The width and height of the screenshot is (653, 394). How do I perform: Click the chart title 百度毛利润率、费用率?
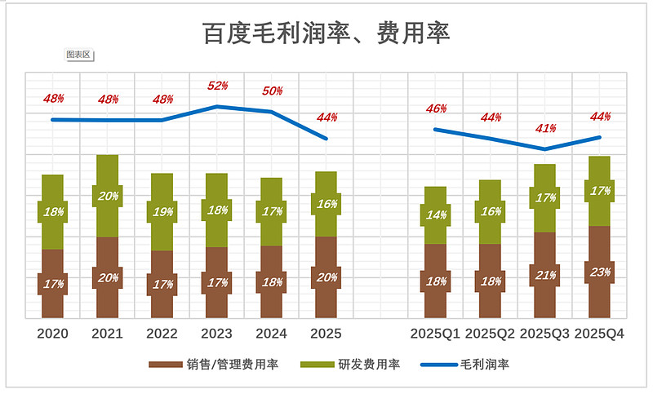point(326,33)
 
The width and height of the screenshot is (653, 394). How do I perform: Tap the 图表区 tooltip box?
point(79,55)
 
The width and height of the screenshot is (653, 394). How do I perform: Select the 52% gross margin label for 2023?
point(217,86)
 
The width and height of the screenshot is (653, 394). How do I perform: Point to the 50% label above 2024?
point(272,91)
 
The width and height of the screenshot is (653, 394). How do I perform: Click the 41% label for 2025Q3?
point(546,128)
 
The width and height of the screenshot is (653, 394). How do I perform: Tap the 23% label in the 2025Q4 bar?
point(599,272)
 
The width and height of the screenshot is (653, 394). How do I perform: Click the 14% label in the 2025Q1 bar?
point(436,215)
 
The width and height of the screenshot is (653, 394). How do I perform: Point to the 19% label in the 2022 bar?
point(162,212)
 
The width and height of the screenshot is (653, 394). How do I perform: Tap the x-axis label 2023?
point(217,334)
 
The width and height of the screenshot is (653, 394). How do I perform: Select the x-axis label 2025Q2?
point(491,334)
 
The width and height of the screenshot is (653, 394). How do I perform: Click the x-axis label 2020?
point(53,334)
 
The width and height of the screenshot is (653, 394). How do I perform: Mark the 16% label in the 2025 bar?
point(326,204)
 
